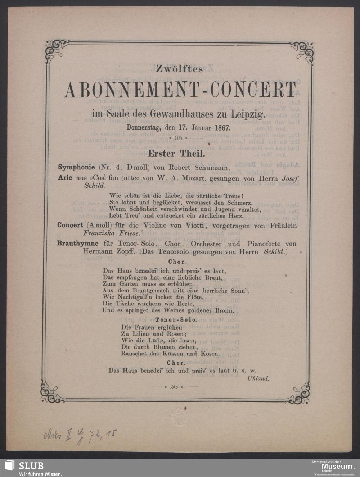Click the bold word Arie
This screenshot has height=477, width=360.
pyautogui.click(x=65, y=177)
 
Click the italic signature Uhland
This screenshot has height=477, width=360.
pyautogui.click(x=258, y=378)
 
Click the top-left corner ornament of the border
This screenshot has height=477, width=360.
pyautogui.click(x=55, y=51)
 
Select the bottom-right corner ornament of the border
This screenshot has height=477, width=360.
pyautogui.click(x=301, y=392)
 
